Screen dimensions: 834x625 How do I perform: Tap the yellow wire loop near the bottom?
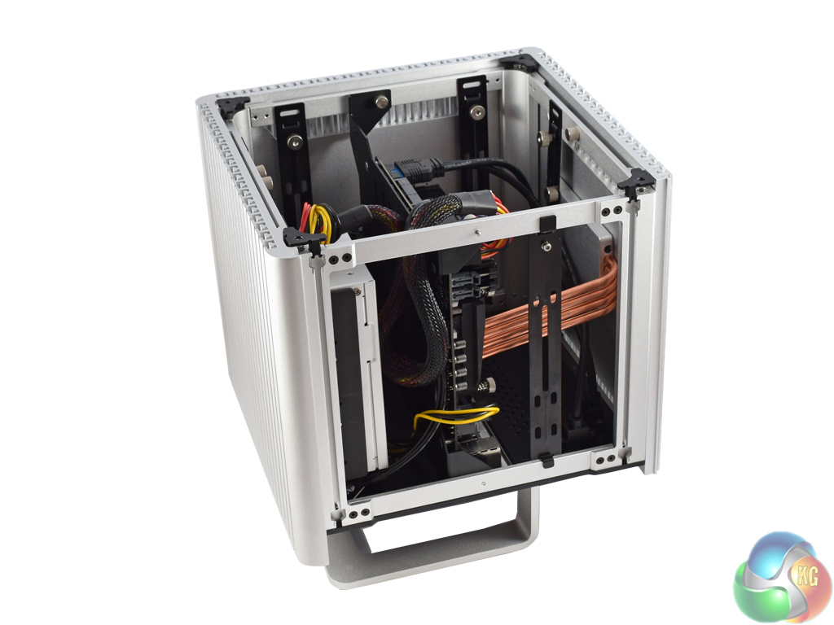pyautogui.click(x=455, y=416)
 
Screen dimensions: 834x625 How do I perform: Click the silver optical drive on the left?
pyautogui.click(x=355, y=372)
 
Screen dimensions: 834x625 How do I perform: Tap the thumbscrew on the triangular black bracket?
pyautogui.click(x=381, y=102)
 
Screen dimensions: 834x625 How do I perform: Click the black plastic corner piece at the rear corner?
pyautogui.click(x=520, y=63)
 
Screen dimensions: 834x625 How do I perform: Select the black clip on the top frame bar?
pyautogui.click(x=547, y=224)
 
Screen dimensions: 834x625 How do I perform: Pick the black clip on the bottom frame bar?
pyautogui.click(x=546, y=461)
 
